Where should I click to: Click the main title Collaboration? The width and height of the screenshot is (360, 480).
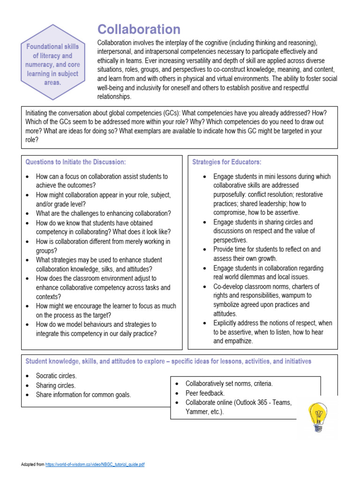click(x=139, y=30)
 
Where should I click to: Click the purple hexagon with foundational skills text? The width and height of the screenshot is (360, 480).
click(x=52, y=65)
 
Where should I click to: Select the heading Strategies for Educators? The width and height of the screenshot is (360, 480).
click(x=227, y=162)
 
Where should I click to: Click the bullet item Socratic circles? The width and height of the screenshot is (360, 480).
click(x=56, y=376)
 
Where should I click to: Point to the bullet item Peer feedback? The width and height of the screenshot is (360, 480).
click(x=205, y=393)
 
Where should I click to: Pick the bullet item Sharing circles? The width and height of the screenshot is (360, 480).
click(x=55, y=385)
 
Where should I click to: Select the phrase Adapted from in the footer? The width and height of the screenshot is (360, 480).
click(x=32, y=465)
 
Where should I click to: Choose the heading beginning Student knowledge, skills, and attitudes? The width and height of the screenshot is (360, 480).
click(x=168, y=361)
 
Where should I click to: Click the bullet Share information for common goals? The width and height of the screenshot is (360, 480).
click(x=83, y=395)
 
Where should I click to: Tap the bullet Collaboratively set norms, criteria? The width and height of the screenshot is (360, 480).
click(x=229, y=383)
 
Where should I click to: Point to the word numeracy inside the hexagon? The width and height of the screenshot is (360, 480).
click(x=39, y=65)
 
